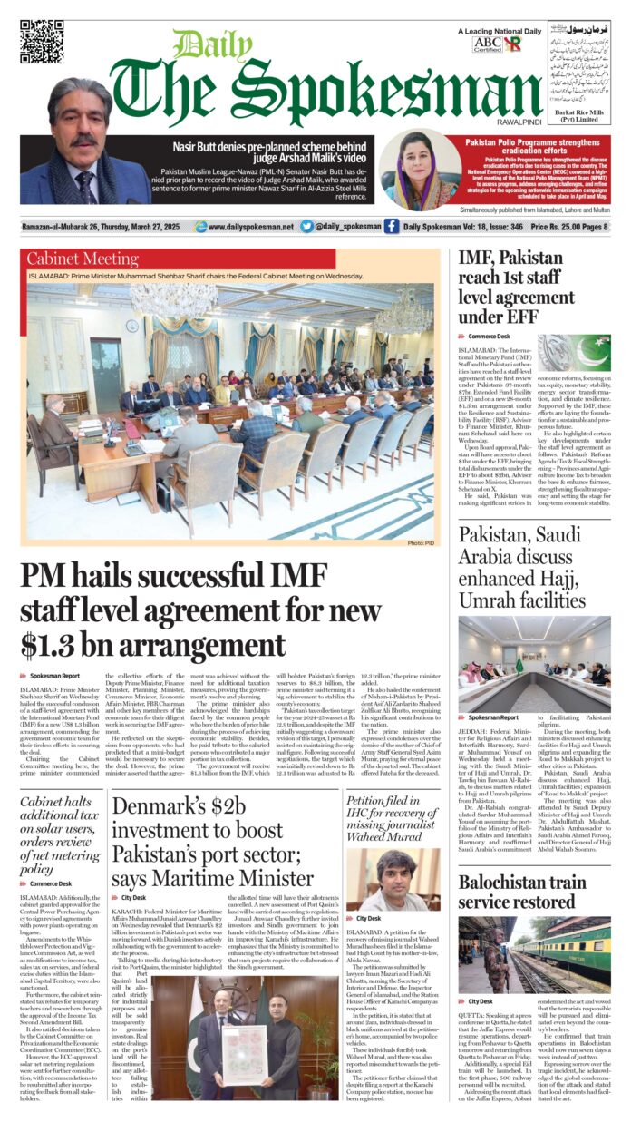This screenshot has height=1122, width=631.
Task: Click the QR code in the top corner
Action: coord(42,41)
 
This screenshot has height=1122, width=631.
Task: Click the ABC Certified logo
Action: coord(486,43)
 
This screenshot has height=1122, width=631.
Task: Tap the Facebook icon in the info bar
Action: coord(391,226)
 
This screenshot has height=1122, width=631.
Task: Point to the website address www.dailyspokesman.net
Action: coord(250,227)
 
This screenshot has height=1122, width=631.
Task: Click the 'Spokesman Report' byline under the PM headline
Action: coord(54,677)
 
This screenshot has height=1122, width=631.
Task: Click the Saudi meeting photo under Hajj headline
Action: coord(534,652)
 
